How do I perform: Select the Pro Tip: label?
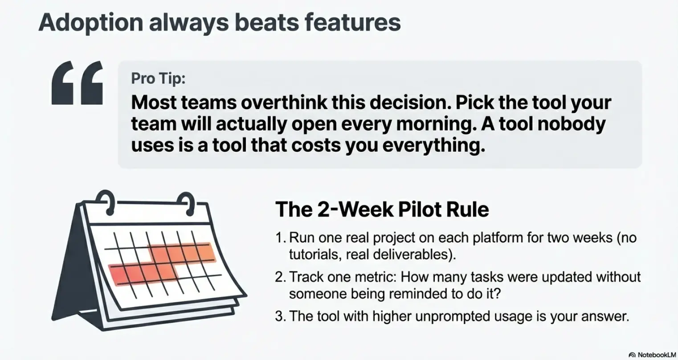pyautogui.click(x=158, y=78)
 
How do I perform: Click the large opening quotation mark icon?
pyautogui.click(x=78, y=83)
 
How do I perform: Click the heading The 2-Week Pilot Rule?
pyautogui.click(x=382, y=209)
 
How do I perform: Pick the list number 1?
pyautogui.click(x=280, y=237)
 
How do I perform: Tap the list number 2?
pyautogui.click(x=280, y=277)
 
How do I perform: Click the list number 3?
pyautogui.click(x=280, y=316)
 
